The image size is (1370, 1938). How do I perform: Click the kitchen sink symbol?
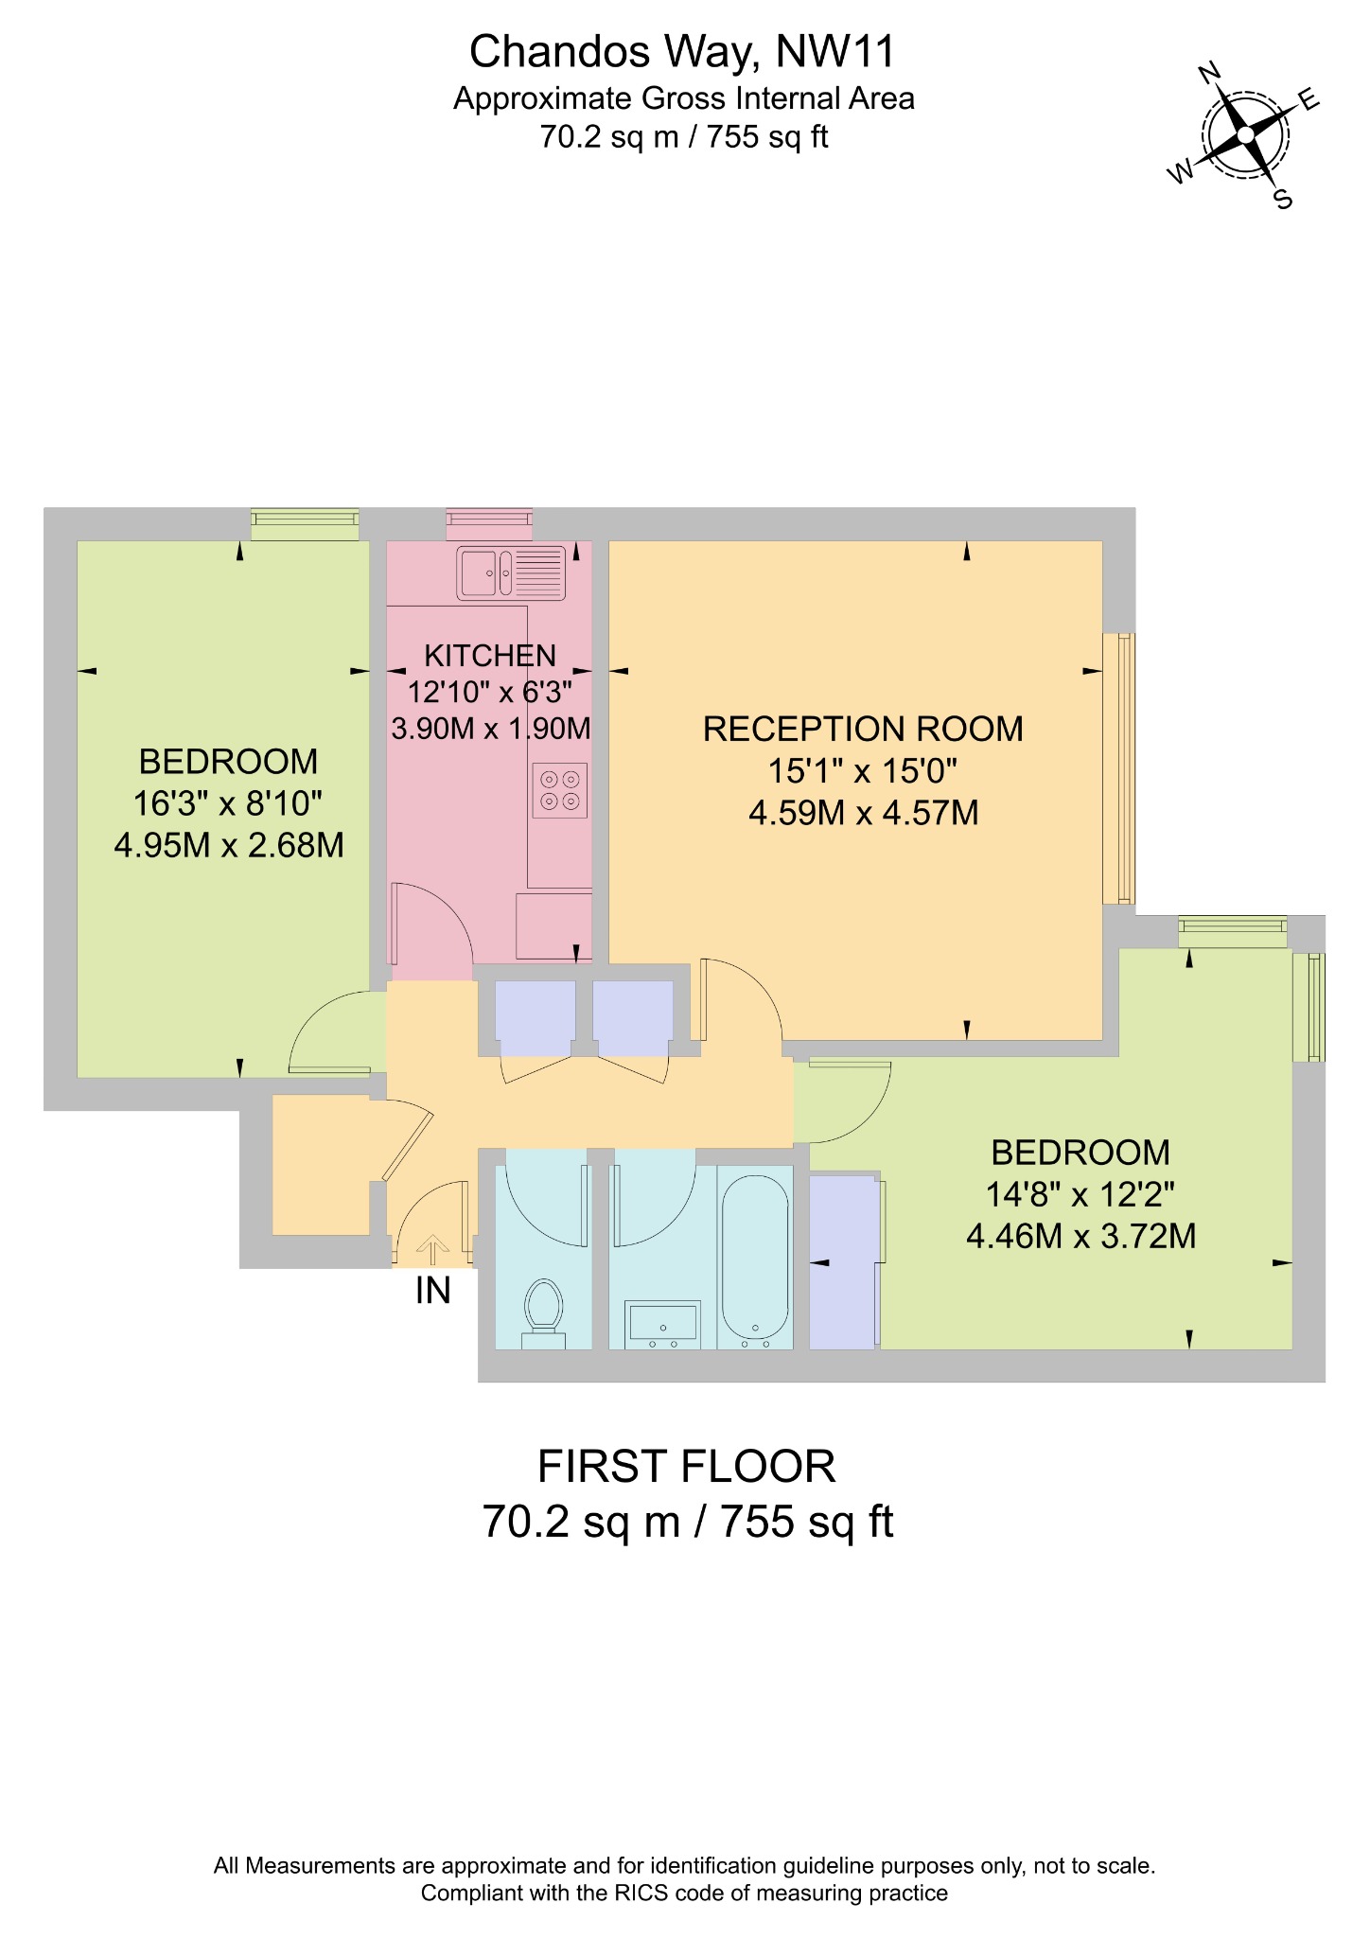(511, 573)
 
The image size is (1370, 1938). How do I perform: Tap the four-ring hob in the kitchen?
(559, 790)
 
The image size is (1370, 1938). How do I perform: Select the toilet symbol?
(543, 1311)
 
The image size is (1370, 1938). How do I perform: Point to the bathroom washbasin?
(662, 1322)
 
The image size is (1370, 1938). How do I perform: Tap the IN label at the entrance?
(433, 1291)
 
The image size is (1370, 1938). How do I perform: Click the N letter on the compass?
(1209, 72)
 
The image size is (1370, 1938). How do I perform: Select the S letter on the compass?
(1283, 199)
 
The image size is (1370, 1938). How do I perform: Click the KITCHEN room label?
(490, 656)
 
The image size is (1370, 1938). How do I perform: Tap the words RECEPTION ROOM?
(863, 730)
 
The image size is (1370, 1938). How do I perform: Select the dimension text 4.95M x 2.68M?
(229, 845)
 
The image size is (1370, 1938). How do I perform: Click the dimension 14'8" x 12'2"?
(1080, 1195)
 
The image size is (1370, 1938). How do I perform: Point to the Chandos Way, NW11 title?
(682, 52)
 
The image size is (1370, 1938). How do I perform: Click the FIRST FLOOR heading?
(687, 1467)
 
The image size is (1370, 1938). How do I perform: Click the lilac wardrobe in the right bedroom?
(842, 1261)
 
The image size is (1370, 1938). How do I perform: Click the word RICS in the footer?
(641, 1893)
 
